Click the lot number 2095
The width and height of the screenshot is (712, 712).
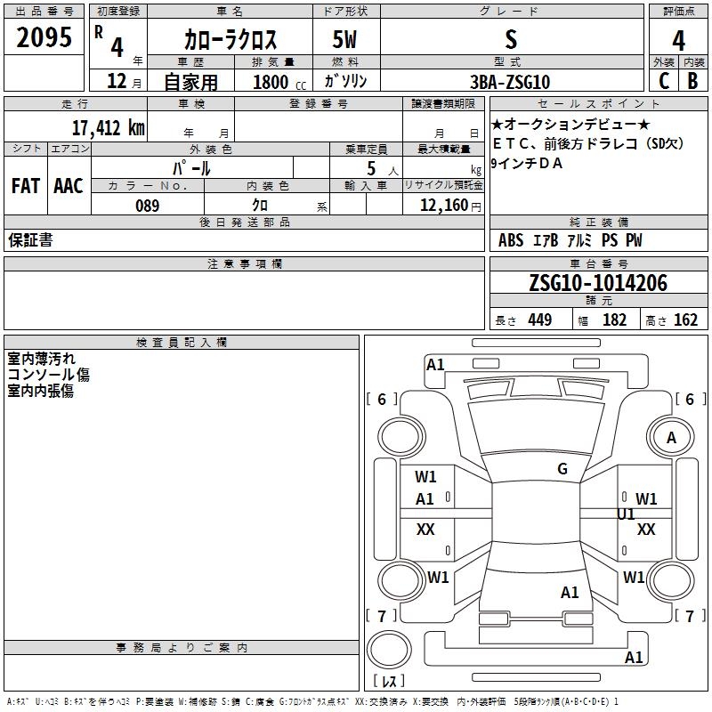click(x=44, y=37)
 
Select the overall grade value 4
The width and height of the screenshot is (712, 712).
click(x=678, y=41)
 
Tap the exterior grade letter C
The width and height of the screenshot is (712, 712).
click(x=664, y=81)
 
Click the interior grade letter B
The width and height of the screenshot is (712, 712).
click(x=692, y=81)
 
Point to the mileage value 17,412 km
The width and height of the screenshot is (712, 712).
click(x=109, y=127)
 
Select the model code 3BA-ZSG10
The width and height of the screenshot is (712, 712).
click(x=510, y=82)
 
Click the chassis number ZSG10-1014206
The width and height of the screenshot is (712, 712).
click(x=598, y=283)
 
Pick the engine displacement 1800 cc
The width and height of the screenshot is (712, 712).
click(x=279, y=82)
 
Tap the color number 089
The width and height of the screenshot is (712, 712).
click(x=147, y=206)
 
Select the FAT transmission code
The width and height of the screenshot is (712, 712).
click(x=26, y=186)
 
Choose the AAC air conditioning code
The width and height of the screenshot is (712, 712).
click(x=69, y=186)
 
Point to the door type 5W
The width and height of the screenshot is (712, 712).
click(x=344, y=39)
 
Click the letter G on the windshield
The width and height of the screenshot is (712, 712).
click(x=562, y=469)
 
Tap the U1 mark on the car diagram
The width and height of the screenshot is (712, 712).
click(x=626, y=514)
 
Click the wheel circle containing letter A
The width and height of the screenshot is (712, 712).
click(x=671, y=437)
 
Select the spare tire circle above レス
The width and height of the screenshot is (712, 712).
click(x=389, y=650)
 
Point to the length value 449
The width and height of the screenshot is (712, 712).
click(x=540, y=320)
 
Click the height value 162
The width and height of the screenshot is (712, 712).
click(x=685, y=320)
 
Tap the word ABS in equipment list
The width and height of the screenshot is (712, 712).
click(x=511, y=240)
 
